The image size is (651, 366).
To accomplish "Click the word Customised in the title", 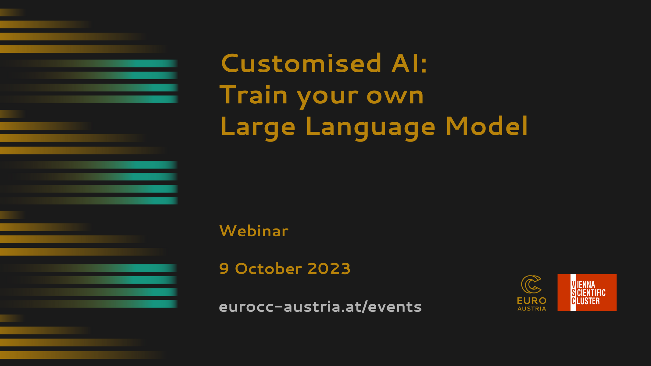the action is pos(301,63).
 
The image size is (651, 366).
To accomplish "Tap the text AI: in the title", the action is pos(410,63).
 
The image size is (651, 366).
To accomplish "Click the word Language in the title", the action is pos(370,128).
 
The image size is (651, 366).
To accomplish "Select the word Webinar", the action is pos(254,231).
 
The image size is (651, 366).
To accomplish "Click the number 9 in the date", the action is pos(224,269).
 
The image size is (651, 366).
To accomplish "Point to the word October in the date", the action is pos(269,269).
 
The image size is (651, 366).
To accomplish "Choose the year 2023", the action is pos(329,269).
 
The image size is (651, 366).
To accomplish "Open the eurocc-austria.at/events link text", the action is pos(320,307).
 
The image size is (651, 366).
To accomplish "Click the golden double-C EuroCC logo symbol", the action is pos(531,284).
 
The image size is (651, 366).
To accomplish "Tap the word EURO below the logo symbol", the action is pos(532,301).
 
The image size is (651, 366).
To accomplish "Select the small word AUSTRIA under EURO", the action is pos(532,309).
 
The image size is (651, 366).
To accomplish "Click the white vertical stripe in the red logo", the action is pos(573,292).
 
